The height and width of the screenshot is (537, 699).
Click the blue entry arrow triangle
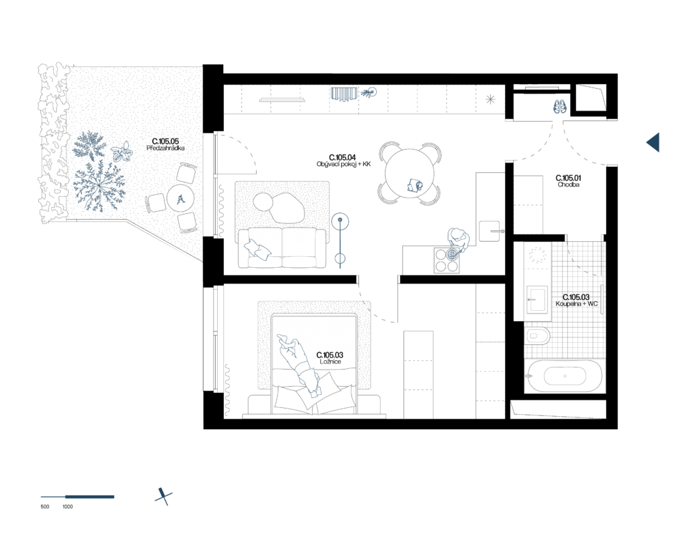(x=653, y=142)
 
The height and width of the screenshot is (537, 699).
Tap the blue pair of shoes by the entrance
(x=560, y=107)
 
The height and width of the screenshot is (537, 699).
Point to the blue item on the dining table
(x=414, y=184)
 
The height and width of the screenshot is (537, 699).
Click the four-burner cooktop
(x=446, y=260)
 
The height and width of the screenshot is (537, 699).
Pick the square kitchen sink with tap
(x=490, y=231)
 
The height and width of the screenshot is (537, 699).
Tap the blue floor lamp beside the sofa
(x=340, y=239)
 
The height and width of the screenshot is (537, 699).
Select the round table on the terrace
(x=181, y=199)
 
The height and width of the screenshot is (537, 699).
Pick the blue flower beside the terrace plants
(x=122, y=152)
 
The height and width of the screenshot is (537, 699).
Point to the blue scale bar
(x=78, y=497)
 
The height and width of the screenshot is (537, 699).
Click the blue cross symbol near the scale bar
(x=163, y=497)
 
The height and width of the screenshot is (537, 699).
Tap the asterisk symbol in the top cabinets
(x=490, y=99)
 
